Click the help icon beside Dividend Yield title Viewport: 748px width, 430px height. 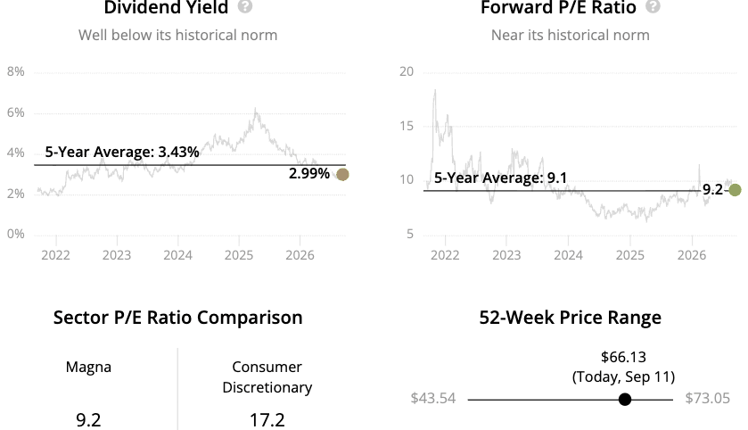click(x=245, y=6)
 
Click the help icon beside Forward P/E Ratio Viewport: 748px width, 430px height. click(x=653, y=6)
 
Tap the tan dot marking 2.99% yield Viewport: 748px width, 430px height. click(x=342, y=175)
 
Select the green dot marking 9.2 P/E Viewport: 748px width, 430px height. click(x=736, y=190)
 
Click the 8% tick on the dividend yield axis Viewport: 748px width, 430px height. click(x=16, y=71)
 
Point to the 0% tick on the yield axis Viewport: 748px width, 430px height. click(x=16, y=234)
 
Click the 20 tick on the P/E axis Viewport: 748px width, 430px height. click(x=407, y=71)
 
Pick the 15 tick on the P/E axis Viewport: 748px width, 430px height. click(x=407, y=126)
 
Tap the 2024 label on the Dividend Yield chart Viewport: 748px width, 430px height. click(x=178, y=255)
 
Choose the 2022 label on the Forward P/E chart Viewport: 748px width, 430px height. click(x=445, y=255)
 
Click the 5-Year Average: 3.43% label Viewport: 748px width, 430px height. click(x=122, y=153)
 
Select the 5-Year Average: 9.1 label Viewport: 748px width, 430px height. click(x=500, y=178)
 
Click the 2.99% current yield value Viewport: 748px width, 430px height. click(x=309, y=174)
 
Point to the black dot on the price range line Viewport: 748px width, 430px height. click(x=625, y=400)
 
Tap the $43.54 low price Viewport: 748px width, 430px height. click(x=433, y=399)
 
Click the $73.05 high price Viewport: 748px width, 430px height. click(x=708, y=399)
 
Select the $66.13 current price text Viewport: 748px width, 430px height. click(x=623, y=357)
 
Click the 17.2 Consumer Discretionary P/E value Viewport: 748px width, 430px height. click(x=267, y=420)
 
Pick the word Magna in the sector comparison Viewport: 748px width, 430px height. click(x=89, y=367)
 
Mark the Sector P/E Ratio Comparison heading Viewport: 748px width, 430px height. click(x=178, y=318)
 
